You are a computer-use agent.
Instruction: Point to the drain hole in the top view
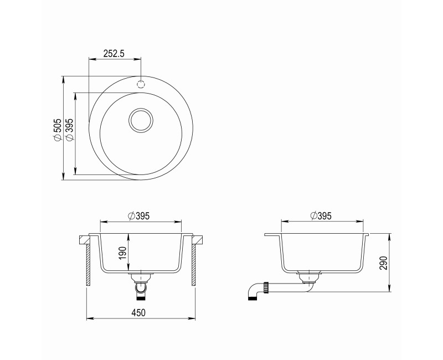(141, 120)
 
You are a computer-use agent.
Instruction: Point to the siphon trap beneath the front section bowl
(141, 286)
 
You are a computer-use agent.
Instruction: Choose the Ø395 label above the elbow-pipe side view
(321, 215)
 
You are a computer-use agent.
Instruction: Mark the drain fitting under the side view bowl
(308, 276)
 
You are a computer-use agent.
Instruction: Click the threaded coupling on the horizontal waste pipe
(267, 287)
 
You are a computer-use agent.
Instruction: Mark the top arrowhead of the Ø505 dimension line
(64, 78)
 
